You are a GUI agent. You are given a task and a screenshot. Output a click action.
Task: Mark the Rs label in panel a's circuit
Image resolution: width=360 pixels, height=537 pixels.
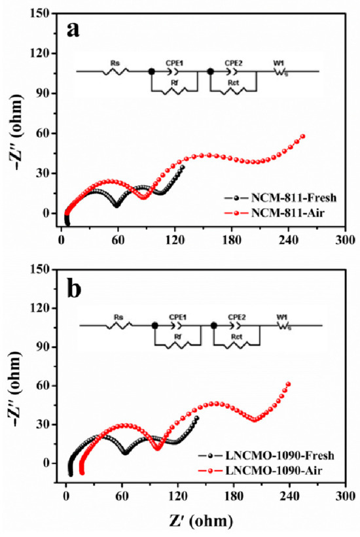[x=114, y=63]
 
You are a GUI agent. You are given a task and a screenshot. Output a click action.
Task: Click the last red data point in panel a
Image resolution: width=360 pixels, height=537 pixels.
[x=303, y=136]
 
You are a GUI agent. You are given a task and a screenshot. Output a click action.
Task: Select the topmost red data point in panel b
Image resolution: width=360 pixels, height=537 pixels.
[x=288, y=384]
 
